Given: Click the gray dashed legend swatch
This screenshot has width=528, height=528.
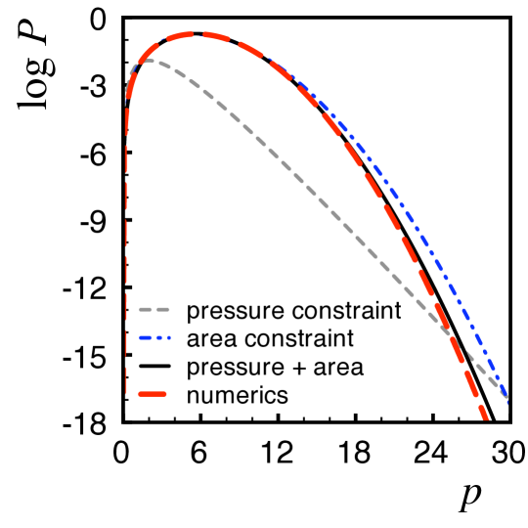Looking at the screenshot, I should coord(154,309).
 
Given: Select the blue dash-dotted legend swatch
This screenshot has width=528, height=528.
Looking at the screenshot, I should coord(154,337).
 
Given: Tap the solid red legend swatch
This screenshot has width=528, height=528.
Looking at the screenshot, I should coord(153,394).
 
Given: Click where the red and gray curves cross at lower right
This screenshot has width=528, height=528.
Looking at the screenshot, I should coord(451,333).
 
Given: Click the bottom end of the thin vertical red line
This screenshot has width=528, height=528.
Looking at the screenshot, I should coord(126,393).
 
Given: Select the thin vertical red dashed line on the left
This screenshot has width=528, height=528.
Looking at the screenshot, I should coord(126,244).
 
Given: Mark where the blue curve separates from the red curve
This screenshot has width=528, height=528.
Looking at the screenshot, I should coord(284,71).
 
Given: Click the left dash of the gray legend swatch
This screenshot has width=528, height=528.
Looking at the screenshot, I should coord(145,309).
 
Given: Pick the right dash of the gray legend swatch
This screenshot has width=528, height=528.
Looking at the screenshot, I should coord(163,309).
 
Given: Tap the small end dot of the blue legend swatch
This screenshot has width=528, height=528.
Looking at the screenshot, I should coord(169,337).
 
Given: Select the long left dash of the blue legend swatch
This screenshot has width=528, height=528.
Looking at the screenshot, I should coord(145,337).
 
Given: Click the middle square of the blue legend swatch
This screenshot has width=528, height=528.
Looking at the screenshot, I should coord(159,337).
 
